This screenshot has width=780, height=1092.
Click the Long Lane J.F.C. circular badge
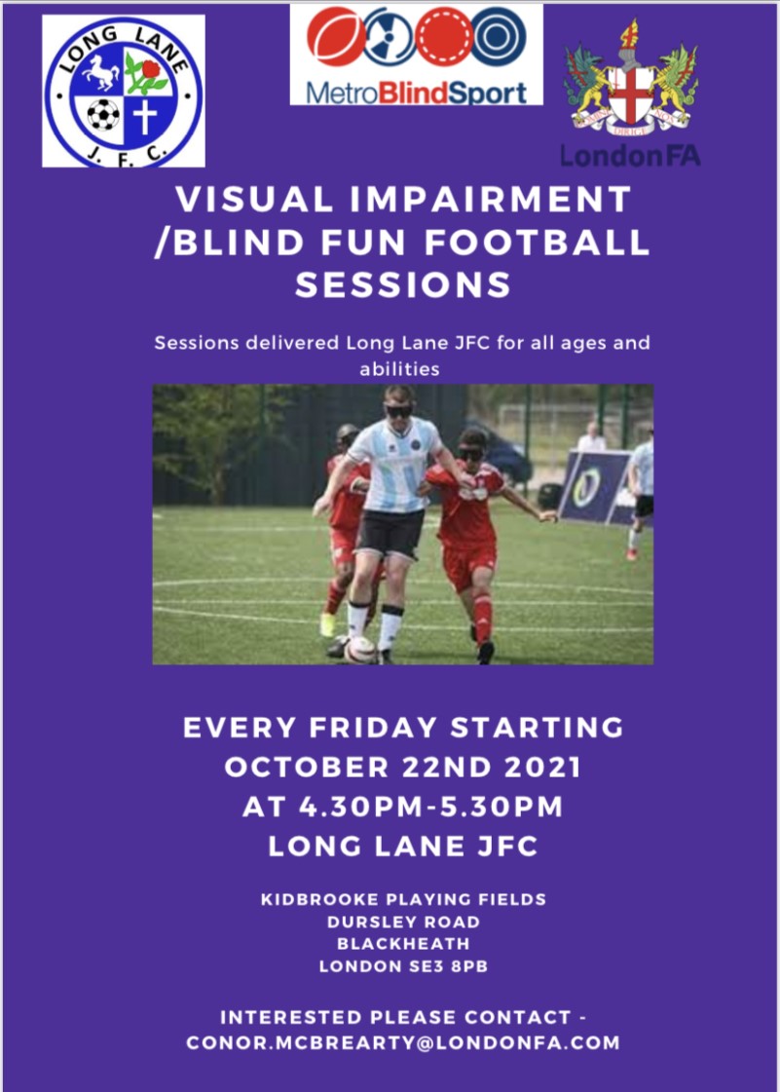(x=123, y=91)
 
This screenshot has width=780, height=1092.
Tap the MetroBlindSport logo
(x=416, y=55)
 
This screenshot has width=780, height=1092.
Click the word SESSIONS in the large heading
(x=402, y=284)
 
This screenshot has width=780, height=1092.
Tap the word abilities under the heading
(x=400, y=369)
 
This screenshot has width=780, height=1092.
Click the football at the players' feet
(x=359, y=649)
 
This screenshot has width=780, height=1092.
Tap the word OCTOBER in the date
(x=305, y=768)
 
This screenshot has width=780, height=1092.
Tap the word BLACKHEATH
(x=403, y=944)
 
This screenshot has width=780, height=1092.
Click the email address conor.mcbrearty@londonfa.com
(x=403, y=1042)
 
